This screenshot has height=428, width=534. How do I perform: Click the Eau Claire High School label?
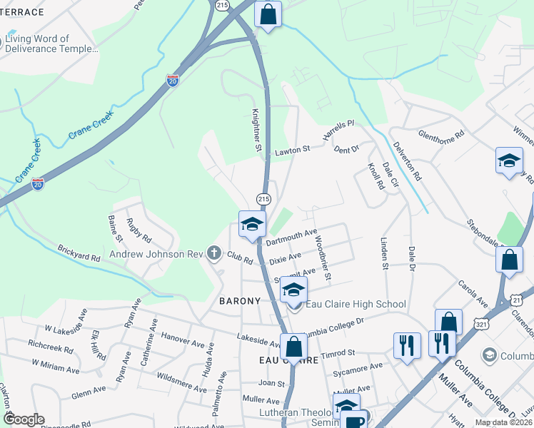pyautogui.click(x=356, y=305)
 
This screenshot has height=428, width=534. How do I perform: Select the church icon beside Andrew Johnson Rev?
pyautogui.click(x=213, y=253)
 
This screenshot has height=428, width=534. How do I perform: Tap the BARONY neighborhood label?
pyautogui.click(x=240, y=301)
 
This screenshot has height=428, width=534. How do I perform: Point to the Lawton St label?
pyautogui.click(x=293, y=151)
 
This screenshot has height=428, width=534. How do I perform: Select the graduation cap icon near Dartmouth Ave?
pyautogui.click(x=252, y=224)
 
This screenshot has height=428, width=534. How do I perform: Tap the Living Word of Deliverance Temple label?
pyautogui.click(x=50, y=44)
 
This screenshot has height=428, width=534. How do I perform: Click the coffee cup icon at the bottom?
pyautogui.click(x=355, y=421)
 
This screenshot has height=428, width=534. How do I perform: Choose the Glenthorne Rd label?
pyautogui.click(x=441, y=134)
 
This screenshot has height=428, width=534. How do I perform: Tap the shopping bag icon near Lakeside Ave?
pyautogui.click(x=293, y=347)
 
